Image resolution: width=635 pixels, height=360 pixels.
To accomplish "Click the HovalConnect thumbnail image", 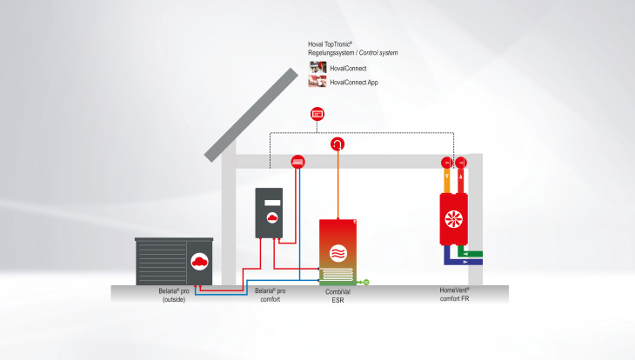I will tap(317, 67).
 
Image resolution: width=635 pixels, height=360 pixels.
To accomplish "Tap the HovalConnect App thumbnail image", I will tap(317, 82).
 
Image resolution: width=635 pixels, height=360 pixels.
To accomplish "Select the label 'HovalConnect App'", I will tap(354, 82).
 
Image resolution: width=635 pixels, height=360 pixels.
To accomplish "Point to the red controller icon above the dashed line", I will tap(317, 113).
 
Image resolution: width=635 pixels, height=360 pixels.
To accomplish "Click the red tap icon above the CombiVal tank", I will tap(337, 144).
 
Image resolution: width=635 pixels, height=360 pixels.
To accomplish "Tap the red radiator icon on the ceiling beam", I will tap(297, 161).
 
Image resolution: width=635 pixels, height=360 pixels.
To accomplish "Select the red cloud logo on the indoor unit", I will tap(272, 219).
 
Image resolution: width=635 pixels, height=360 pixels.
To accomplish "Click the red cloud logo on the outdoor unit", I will tap(199, 261).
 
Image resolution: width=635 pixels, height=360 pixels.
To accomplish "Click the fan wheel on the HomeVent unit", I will tap(453, 221).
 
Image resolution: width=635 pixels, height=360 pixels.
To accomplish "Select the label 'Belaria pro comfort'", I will tap(271, 296).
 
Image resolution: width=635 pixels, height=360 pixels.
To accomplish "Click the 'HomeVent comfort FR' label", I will tap(454, 296).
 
